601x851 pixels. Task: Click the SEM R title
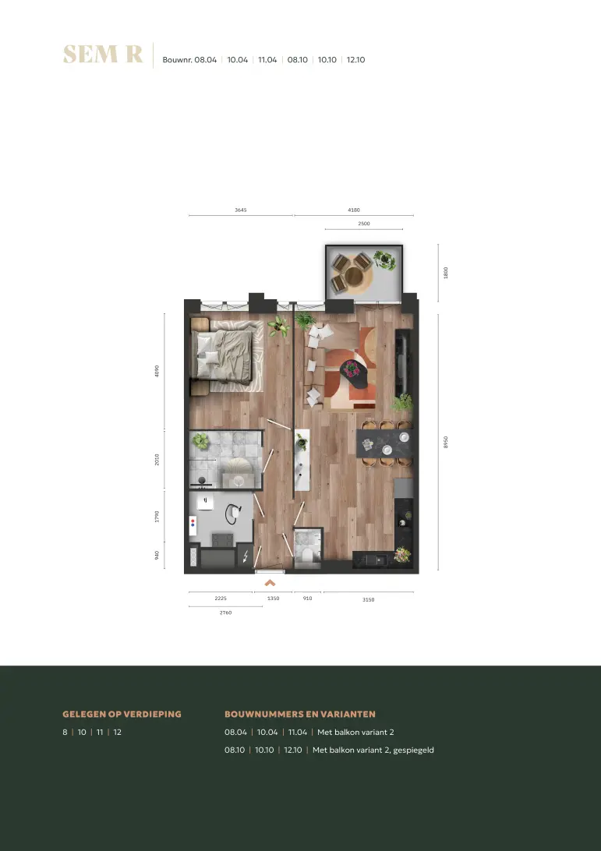(103, 55)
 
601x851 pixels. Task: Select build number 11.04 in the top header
(267, 60)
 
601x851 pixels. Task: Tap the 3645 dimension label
(241, 210)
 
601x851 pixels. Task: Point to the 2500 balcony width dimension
(364, 224)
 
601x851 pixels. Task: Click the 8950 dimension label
(446, 443)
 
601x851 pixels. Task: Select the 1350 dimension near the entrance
(273, 598)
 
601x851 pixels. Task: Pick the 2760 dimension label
(225, 613)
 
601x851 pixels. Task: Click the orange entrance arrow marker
(270, 584)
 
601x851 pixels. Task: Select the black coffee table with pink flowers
(353, 373)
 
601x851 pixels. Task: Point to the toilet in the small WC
(307, 555)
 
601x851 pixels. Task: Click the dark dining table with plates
(384, 443)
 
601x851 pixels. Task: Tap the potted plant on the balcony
(384, 260)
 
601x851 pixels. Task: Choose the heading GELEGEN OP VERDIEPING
(122, 714)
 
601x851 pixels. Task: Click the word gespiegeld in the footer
(413, 750)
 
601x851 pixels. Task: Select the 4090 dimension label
(157, 371)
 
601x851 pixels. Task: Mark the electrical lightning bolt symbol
(245, 556)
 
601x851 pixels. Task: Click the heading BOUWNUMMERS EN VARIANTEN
(299, 714)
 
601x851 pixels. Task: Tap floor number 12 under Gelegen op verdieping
(117, 732)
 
